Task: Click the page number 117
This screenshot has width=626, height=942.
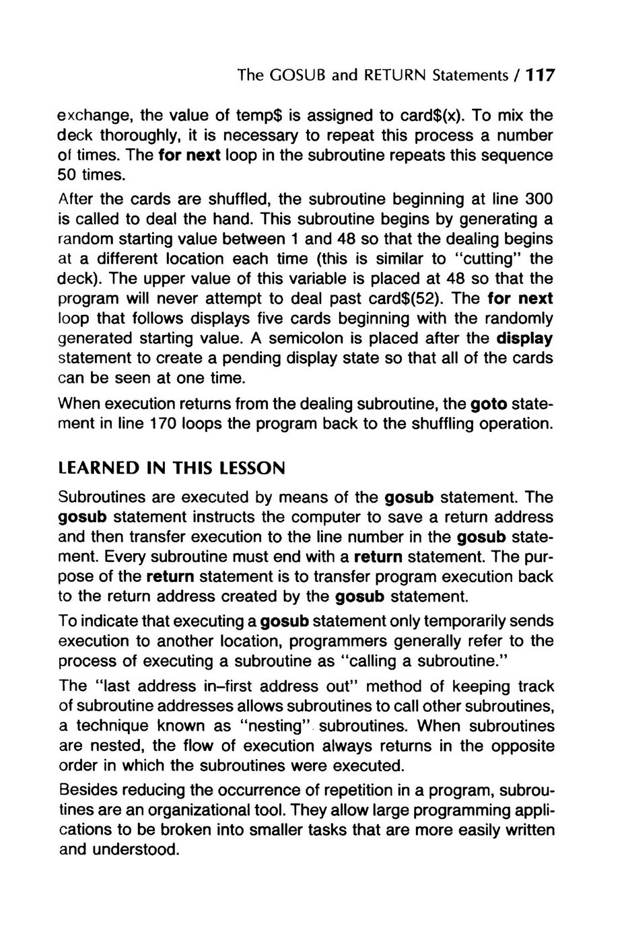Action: [x=540, y=75]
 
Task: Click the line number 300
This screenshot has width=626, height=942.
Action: [x=538, y=199]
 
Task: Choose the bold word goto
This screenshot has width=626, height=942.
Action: [x=489, y=404]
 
